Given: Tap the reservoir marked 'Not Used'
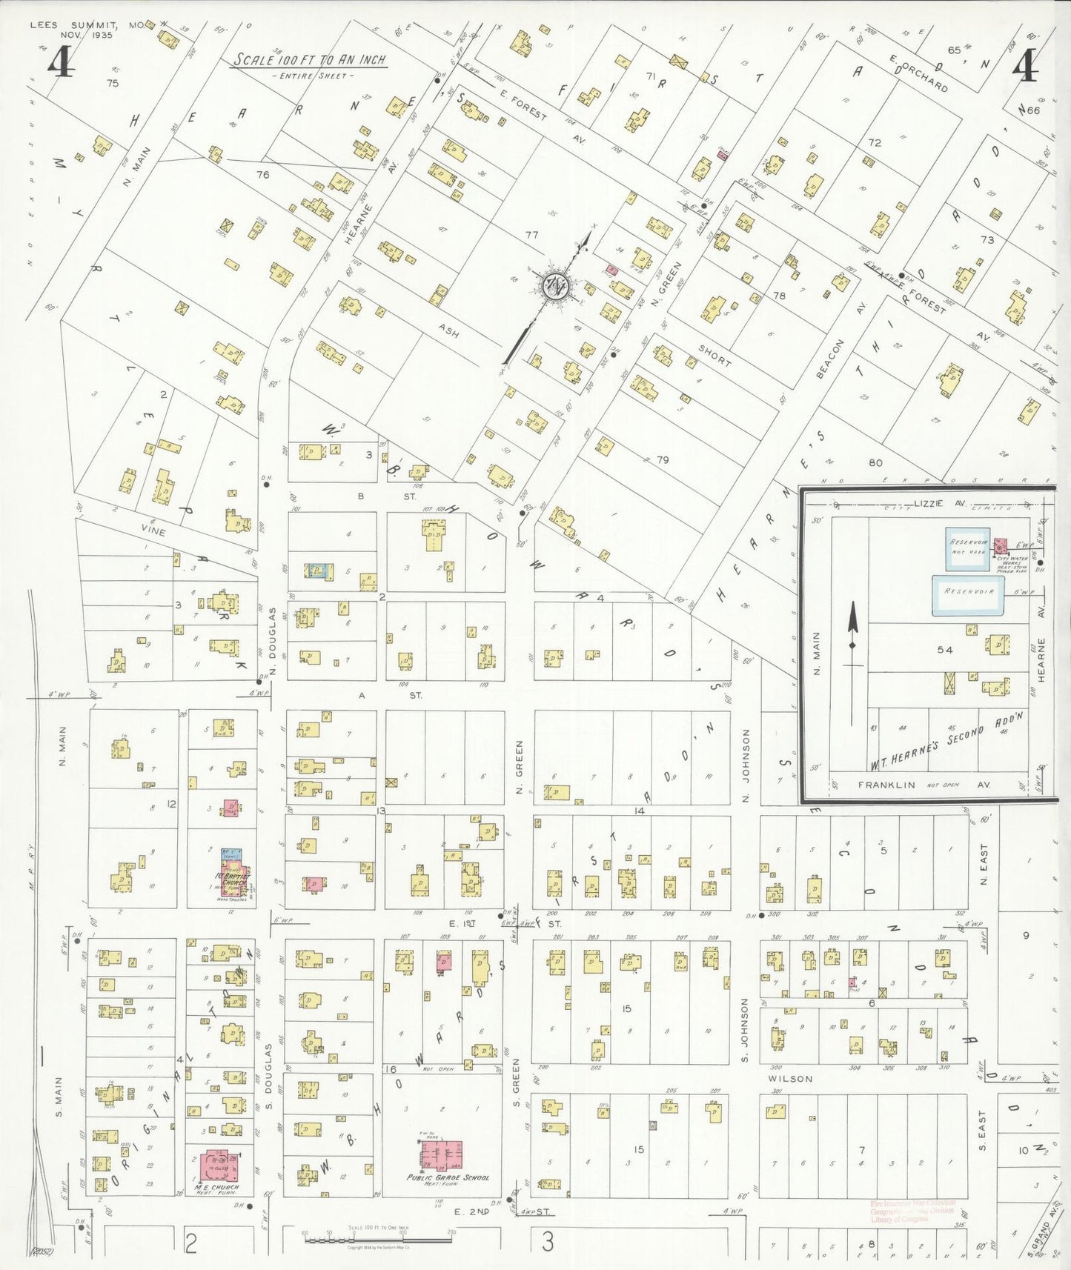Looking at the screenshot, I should point(967,548).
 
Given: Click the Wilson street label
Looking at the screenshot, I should point(790,1079).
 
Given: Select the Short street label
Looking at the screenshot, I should point(714,355).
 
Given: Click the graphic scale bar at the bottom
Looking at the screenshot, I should point(378,1234).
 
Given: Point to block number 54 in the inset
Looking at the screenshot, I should point(944,650).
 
